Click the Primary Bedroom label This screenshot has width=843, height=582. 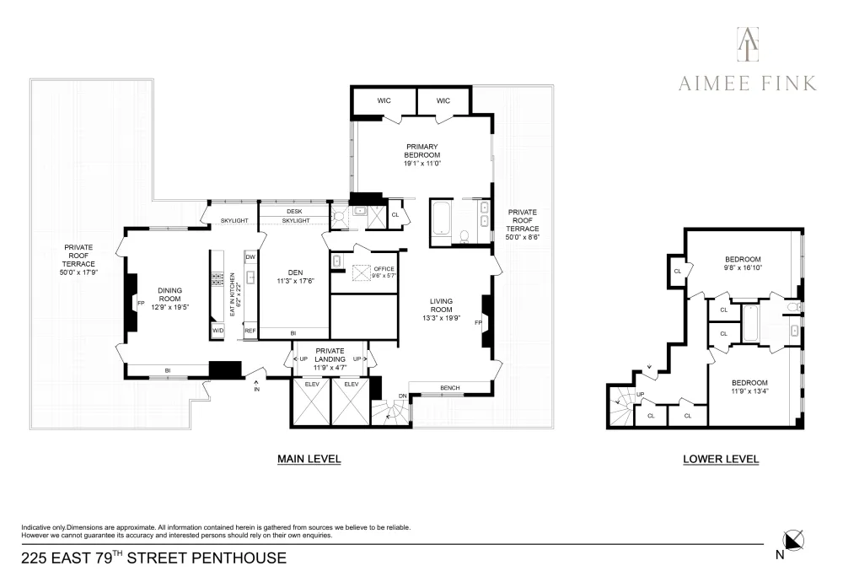coord(422,151)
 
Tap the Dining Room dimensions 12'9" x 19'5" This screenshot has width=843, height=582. coord(170,308)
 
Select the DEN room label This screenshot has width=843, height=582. coord(295,272)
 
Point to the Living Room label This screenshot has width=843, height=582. coord(441,305)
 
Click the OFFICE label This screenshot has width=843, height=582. coord(384,269)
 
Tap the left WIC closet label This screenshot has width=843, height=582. coord(384,100)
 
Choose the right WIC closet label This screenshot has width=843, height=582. coord(443,100)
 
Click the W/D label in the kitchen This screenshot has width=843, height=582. coord(217,331)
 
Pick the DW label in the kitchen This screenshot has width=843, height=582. coord(250,257)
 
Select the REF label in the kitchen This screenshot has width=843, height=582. coord(250,331)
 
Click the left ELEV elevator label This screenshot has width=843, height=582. coord(312,384)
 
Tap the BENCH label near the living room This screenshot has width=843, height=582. coord(450,388)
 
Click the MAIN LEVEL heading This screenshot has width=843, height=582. coord(309,459)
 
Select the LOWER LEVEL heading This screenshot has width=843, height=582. coord(721,459)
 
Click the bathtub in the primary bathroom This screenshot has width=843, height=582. coord(442,218)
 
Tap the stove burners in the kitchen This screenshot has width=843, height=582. coord(217,278)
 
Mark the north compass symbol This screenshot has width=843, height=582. coord(792,542)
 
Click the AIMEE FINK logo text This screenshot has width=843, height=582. coord(747,84)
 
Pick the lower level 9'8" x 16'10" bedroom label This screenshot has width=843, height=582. coord(743,263)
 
